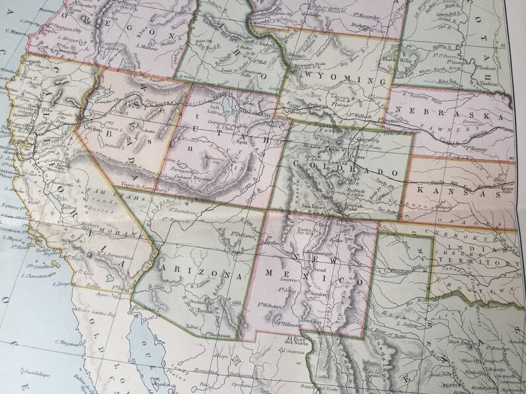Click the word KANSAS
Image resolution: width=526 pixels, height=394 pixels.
pyautogui.click(x=460, y=190)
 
